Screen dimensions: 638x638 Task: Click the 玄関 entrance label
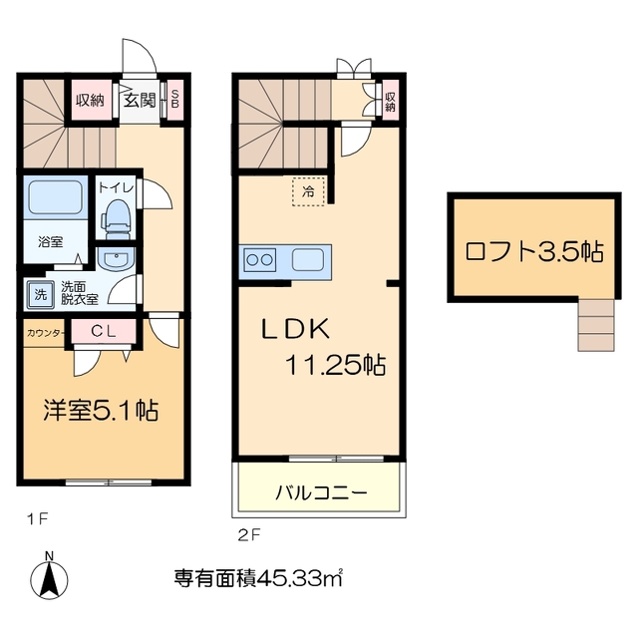[x=140, y=100]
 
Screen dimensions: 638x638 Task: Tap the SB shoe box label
[x=175, y=100]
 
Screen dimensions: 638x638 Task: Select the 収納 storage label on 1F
[x=91, y=100]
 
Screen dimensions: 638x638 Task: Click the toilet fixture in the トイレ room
[x=119, y=214]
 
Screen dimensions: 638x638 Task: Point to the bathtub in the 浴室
[x=56, y=198]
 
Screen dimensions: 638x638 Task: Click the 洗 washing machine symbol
[x=40, y=293]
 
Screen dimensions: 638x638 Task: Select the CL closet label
[x=103, y=332]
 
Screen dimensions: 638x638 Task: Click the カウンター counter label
[x=46, y=332]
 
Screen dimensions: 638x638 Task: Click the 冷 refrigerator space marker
[x=308, y=190]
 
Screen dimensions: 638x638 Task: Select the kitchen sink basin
[x=309, y=260]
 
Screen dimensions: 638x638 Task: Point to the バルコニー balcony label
[x=321, y=492]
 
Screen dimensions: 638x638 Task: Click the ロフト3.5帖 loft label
[x=534, y=250]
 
